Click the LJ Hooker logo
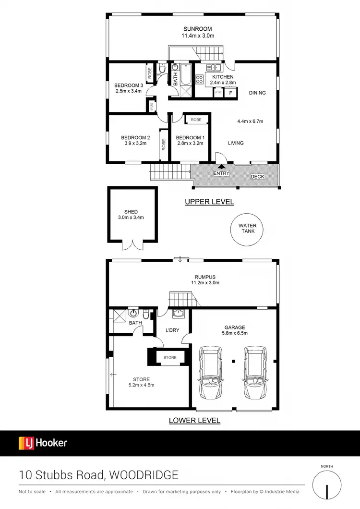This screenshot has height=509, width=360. tap(43, 443)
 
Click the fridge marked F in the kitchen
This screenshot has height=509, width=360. tap(231, 93)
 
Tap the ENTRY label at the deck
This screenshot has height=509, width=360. tap(221, 173)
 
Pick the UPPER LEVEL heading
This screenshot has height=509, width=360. tap(209, 202)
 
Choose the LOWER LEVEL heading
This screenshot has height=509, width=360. tap(194, 421)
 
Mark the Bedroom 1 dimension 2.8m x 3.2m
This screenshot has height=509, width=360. tap(190, 143)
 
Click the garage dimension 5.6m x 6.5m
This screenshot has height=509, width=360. tap(234, 332)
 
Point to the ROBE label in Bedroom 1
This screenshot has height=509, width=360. tap(196, 120)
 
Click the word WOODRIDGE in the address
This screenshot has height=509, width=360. tap(144, 475)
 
